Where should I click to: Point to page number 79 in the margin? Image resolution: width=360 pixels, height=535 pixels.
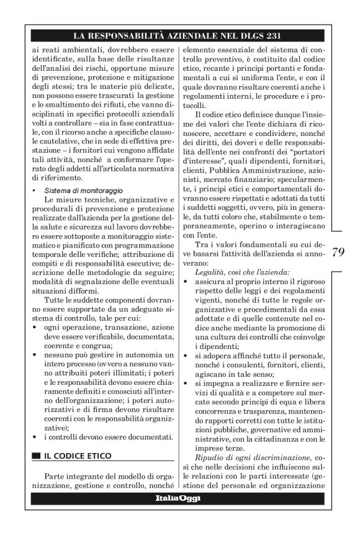(x=338, y=251)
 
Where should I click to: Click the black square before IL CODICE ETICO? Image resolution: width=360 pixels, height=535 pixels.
(x=36, y=456)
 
